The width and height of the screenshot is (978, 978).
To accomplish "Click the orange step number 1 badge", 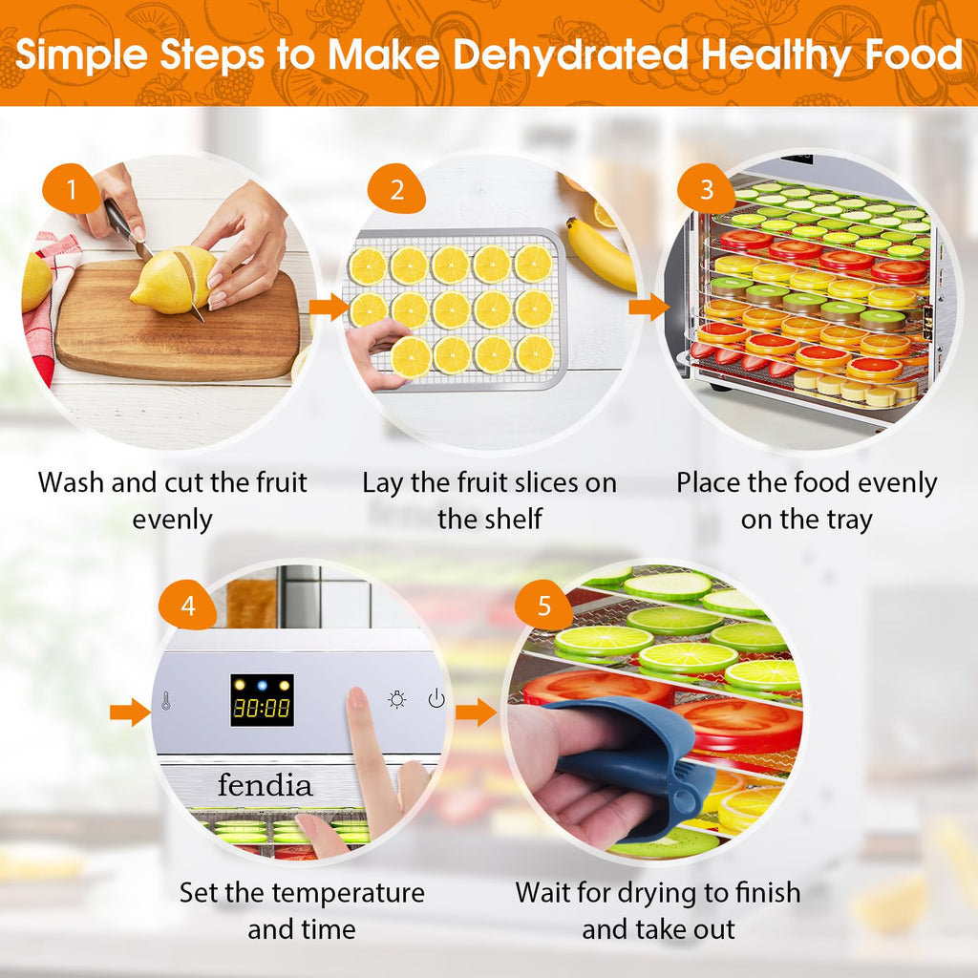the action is pyautogui.click(x=71, y=189).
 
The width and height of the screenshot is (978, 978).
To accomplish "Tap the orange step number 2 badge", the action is pyautogui.click(x=396, y=189).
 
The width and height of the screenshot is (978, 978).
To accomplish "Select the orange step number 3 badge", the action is pyautogui.click(x=706, y=189).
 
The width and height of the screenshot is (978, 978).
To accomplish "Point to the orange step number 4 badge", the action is pyautogui.click(x=188, y=605).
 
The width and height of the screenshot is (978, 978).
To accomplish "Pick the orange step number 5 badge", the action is pyautogui.click(x=543, y=605).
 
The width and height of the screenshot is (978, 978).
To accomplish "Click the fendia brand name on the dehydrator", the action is pyautogui.click(x=266, y=785).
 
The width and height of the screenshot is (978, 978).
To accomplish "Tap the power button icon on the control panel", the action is pyautogui.click(x=436, y=699).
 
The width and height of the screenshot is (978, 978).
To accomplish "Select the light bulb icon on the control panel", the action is pyautogui.click(x=396, y=700).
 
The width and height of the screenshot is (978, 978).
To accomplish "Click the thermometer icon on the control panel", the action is pyautogui.click(x=166, y=700).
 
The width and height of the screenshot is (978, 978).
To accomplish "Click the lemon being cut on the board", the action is pyautogui.click(x=175, y=279).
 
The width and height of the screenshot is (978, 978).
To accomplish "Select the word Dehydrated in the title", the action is pyautogui.click(x=570, y=54).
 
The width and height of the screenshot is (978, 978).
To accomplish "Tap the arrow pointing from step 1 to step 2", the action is pyautogui.click(x=329, y=307).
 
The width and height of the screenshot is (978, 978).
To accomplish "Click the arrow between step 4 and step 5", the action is pyautogui.click(x=477, y=712).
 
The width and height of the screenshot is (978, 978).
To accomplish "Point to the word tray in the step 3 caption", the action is pyautogui.click(x=851, y=521).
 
